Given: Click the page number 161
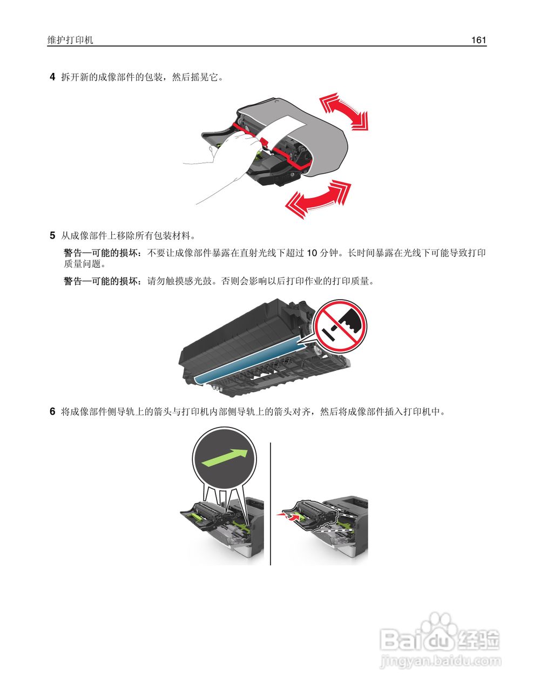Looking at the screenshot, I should coord(478,40).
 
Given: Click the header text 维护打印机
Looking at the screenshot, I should coord(70,40).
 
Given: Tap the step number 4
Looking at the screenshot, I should coord(52,77).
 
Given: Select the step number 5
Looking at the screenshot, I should coord(52,235).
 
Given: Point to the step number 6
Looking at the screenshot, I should coord(52,412).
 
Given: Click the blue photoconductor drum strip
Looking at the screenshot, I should coord(248,359).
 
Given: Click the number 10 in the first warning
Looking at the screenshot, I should coord(312,253).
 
